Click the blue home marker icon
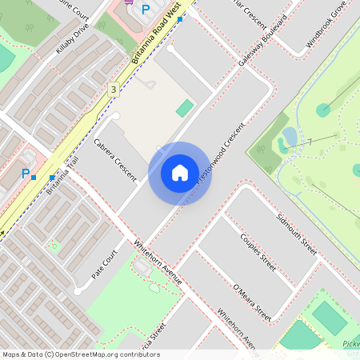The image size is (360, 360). (179, 173)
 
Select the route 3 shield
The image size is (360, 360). (114, 89)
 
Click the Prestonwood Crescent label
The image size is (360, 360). (220, 154)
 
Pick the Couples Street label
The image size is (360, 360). (258, 253)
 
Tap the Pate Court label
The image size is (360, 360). (104, 262)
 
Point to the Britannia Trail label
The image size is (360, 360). (62, 177)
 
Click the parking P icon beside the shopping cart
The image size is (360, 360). (145, 10)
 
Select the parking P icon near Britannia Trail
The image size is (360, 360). (26, 174)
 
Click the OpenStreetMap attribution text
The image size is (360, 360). (82, 354)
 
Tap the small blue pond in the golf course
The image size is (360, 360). (290, 137)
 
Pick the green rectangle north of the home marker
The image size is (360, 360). (185, 107)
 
